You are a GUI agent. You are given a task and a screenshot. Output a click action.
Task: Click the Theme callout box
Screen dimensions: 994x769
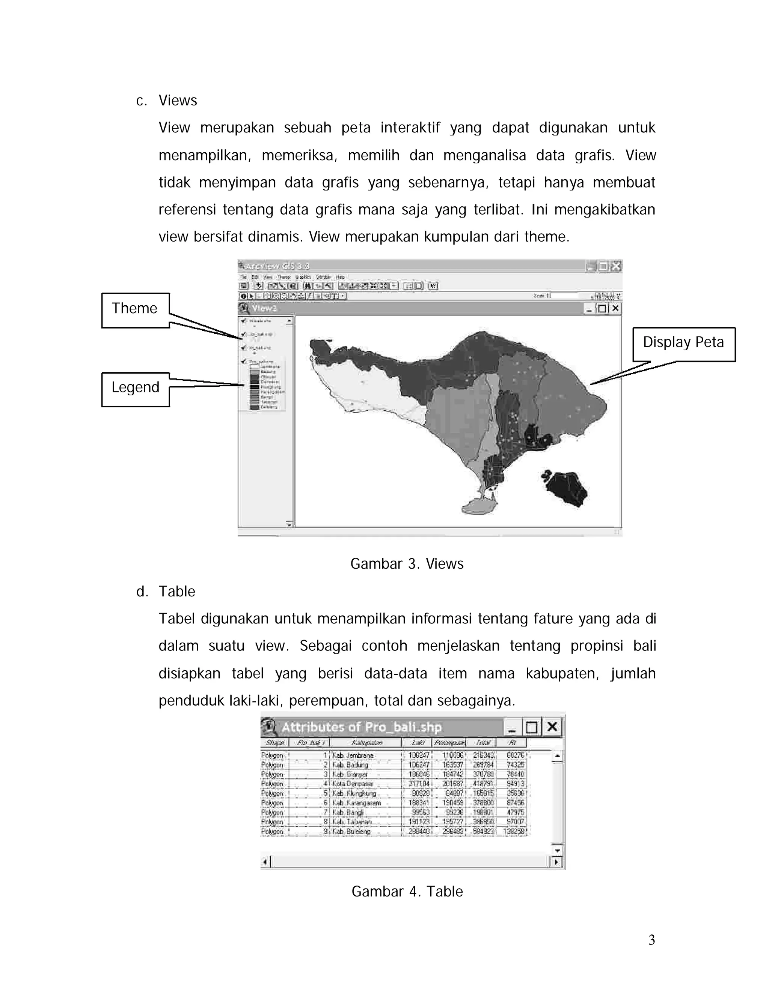[x=135, y=309]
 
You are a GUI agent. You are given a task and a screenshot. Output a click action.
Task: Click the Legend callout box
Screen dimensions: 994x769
[x=135, y=389]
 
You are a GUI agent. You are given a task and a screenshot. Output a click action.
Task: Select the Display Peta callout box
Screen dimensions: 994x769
[x=683, y=344]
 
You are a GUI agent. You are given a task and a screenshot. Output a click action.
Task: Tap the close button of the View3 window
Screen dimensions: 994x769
[x=615, y=308]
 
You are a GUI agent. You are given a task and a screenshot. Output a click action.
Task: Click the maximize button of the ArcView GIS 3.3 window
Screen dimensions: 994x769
[x=603, y=266]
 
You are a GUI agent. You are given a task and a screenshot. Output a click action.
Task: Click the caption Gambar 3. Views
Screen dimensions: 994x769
[x=406, y=564]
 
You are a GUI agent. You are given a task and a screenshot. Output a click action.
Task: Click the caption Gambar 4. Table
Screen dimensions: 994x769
[x=407, y=891]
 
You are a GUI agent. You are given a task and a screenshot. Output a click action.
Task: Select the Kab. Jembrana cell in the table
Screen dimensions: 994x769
[x=353, y=755]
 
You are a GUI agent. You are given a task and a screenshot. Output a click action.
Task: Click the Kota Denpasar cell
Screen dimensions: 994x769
[x=353, y=784]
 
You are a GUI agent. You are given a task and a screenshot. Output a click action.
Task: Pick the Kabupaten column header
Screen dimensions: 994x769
[x=366, y=743]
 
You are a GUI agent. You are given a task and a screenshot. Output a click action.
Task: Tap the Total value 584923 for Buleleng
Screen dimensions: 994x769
[x=483, y=832]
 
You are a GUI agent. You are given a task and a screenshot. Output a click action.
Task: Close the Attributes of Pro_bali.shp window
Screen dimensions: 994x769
[x=552, y=727]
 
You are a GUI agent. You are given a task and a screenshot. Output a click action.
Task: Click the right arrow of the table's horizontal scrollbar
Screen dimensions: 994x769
[x=556, y=862]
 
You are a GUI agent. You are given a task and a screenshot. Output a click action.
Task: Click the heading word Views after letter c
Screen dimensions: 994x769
[x=178, y=101]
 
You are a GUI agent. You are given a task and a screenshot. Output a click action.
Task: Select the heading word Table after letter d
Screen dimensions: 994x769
[x=177, y=592]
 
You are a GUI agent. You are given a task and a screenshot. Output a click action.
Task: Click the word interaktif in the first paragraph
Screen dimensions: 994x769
[x=410, y=128]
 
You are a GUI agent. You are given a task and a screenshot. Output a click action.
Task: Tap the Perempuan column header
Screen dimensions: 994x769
[x=449, y=743]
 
